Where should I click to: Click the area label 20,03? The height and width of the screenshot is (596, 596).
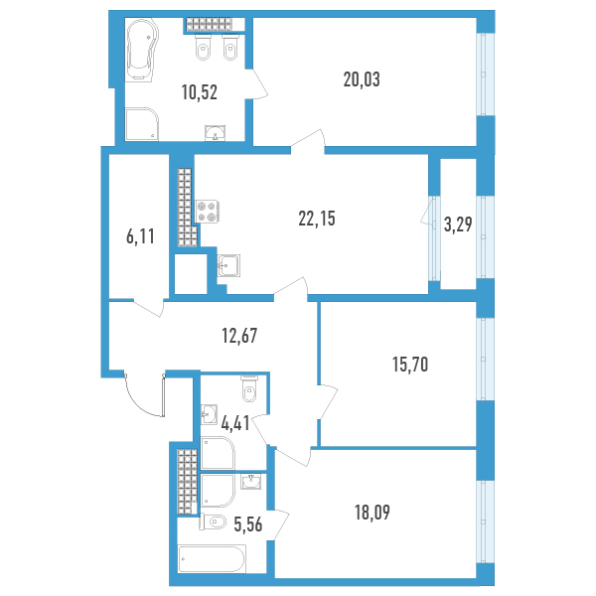pyautogui.click(x=362, y=79)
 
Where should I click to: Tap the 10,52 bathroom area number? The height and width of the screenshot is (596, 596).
pyautogui.click(x=200, y=92)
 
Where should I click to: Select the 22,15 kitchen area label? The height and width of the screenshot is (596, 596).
pyautogui.click(x=317, y=219)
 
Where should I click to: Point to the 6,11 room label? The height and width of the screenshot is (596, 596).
pyautogui.click(x=140, y=236)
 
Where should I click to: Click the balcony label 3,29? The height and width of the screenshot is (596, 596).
pyautogui.click(x=458, y=224)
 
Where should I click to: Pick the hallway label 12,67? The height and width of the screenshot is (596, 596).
pyautogui.click(x=239, y=336)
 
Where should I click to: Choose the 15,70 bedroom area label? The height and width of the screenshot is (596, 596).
pyautogui.click(x=410, y=365)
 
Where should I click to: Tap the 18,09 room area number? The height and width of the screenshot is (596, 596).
pyautogui.click(x=372, y=513)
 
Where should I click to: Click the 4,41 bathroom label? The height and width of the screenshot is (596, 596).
pyautogui.click(x=235, y=423)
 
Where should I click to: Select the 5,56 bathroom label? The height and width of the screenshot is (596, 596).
pyautogui.click(x=248, y=524)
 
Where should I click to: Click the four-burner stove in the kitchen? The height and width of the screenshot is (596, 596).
pyautogui.click(x=207, y=212)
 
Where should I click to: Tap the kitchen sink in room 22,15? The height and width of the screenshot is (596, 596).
pyautogui.click(x=228, y=265)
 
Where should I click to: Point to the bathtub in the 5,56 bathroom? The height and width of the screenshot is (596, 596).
pyautogui.click(x=212, y=558)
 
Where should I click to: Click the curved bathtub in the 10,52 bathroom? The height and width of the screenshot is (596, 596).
pyautogui.click(x=141, y=50)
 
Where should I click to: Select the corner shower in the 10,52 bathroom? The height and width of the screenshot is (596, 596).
pyautogui.click(x=141, y=125)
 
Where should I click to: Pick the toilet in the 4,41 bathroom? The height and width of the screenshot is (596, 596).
pyautogui.click(x=249, y=388)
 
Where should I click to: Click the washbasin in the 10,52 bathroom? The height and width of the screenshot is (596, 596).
pyautogui.click(x=216, y=133)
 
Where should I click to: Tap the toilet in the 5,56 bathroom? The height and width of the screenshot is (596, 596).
pyautogui.click(x=213, y=521)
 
